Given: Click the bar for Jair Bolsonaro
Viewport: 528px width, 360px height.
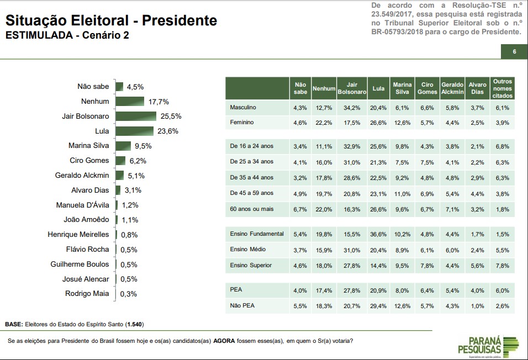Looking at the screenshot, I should coord(136,116).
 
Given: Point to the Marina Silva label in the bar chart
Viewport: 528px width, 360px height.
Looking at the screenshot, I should coord(89,146).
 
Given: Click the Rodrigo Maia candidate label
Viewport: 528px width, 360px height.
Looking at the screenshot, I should coord(87,294).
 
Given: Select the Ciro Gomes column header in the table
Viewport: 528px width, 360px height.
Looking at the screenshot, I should coord(427,88).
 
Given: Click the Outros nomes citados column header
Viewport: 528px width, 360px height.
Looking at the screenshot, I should coord(502,88).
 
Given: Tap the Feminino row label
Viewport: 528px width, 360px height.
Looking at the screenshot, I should coord(242,122).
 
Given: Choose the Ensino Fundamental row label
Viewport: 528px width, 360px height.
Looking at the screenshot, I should coord(256,234).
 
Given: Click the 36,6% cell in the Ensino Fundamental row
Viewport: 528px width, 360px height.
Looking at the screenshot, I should coord(378,234).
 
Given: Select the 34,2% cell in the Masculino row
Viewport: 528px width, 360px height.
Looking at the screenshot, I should coord(351,107).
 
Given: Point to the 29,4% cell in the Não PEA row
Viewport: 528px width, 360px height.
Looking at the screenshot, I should coord(378,306).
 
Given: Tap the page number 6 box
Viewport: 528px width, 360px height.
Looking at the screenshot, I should coord(514,52).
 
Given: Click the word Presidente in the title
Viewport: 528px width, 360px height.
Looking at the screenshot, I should coord(179,21).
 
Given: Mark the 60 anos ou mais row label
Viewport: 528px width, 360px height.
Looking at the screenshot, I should coord(252,210).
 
